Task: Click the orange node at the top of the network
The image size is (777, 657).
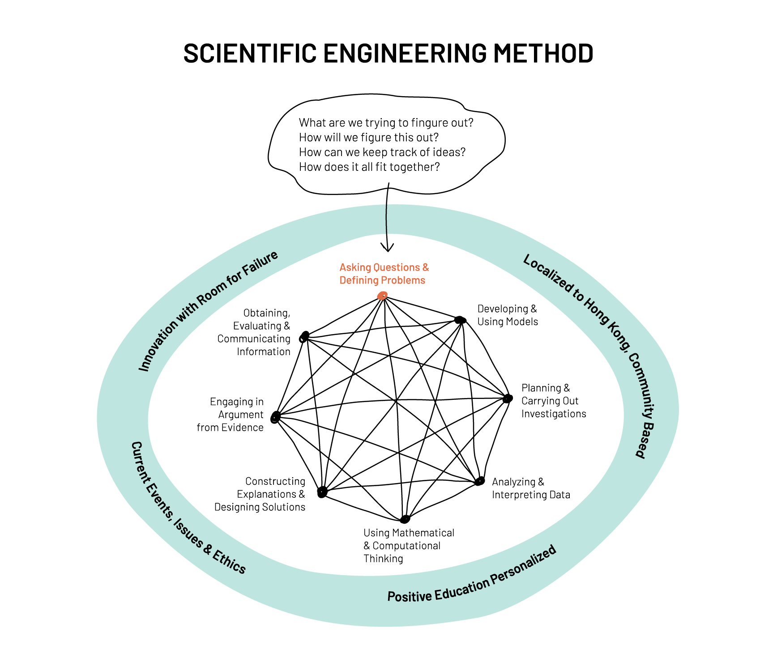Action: tap(382, 296)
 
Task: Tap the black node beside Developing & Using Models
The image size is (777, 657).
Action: tap(460, 320)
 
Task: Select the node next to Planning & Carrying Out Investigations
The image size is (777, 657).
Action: tap(507, 398)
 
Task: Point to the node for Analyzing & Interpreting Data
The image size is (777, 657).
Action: tap(480, 481)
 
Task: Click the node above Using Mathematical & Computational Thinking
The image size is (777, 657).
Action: tap(405, 519)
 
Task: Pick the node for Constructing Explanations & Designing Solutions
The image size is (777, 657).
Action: tap(322, 492)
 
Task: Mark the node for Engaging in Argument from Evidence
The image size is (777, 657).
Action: tap(275, 417)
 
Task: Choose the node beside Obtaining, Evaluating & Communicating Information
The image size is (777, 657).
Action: tap(304, 336)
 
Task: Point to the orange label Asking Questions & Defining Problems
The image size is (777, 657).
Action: tap(384, 274)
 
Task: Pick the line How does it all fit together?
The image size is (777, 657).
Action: tap(369, 167)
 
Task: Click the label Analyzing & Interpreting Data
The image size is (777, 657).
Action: tap(531, 488)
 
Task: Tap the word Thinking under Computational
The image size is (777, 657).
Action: tap(383, 559)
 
